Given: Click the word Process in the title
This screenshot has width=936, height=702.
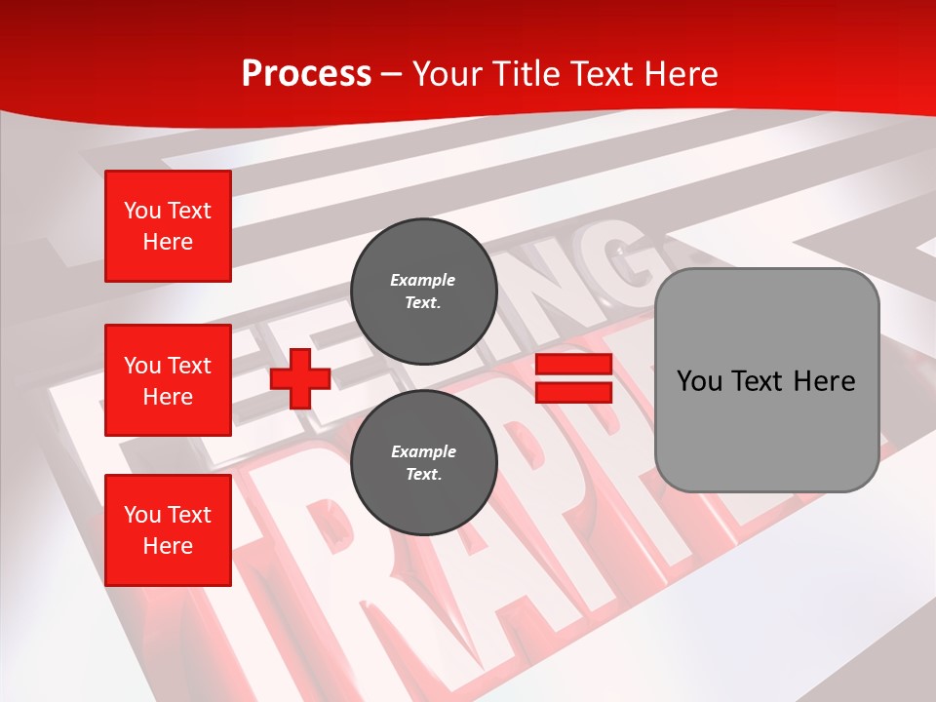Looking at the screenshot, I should tap(306, 73).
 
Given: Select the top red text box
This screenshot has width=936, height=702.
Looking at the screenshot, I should tap(168, 226).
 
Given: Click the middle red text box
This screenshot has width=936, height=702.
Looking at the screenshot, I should tap(168, 380).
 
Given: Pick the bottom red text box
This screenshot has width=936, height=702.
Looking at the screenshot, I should tap(168, 530).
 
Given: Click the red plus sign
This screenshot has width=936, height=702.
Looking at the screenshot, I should tap(300, 379).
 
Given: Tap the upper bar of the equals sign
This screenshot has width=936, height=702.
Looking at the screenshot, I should tap(573, 365).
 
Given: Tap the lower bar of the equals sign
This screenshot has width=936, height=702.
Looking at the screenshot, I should tap(573, 393).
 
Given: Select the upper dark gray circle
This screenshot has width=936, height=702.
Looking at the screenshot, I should tap(423, 291).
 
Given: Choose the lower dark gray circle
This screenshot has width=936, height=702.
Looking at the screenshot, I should tap(423, 462).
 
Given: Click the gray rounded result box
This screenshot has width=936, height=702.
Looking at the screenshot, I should tap(766, 380).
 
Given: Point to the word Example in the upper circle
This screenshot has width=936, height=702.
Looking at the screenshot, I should tap(423, 280).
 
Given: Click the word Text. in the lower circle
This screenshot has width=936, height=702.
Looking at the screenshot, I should tap(423, 475).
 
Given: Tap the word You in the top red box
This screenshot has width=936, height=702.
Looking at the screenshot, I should tap(142, 211).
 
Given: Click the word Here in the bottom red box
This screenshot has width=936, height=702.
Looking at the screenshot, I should tap(168, 546).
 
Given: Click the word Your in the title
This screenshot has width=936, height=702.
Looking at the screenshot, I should tap(448, 73).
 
